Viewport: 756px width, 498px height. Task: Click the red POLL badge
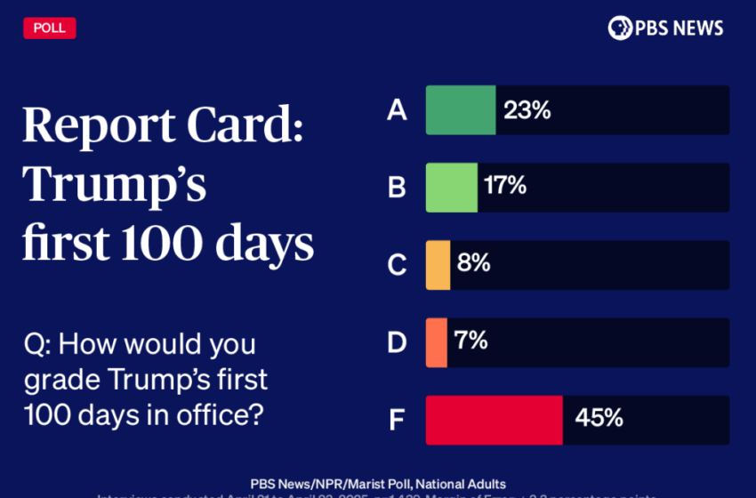tap(50, 28)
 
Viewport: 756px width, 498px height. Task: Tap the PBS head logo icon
tap(620, 28)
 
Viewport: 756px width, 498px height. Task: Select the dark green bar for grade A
tap(461, 110)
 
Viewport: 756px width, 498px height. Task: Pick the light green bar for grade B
tap(452, 188)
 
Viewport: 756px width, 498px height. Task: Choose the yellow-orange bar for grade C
tap(438, 265)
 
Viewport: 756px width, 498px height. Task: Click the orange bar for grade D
tap(437, 342)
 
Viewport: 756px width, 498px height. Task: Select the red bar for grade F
tap(494, 420)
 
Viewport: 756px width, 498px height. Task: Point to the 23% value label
tap(527, 110)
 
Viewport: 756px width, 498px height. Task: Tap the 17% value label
tap(505, 186)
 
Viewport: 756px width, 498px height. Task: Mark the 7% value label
tap(470, 341)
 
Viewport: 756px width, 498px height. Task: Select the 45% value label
tap(599, 418)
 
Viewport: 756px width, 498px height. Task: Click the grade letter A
tap(397, 110)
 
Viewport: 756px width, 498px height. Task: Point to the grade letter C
tap(397, 265)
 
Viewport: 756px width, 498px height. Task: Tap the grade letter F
tap(397, 420)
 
